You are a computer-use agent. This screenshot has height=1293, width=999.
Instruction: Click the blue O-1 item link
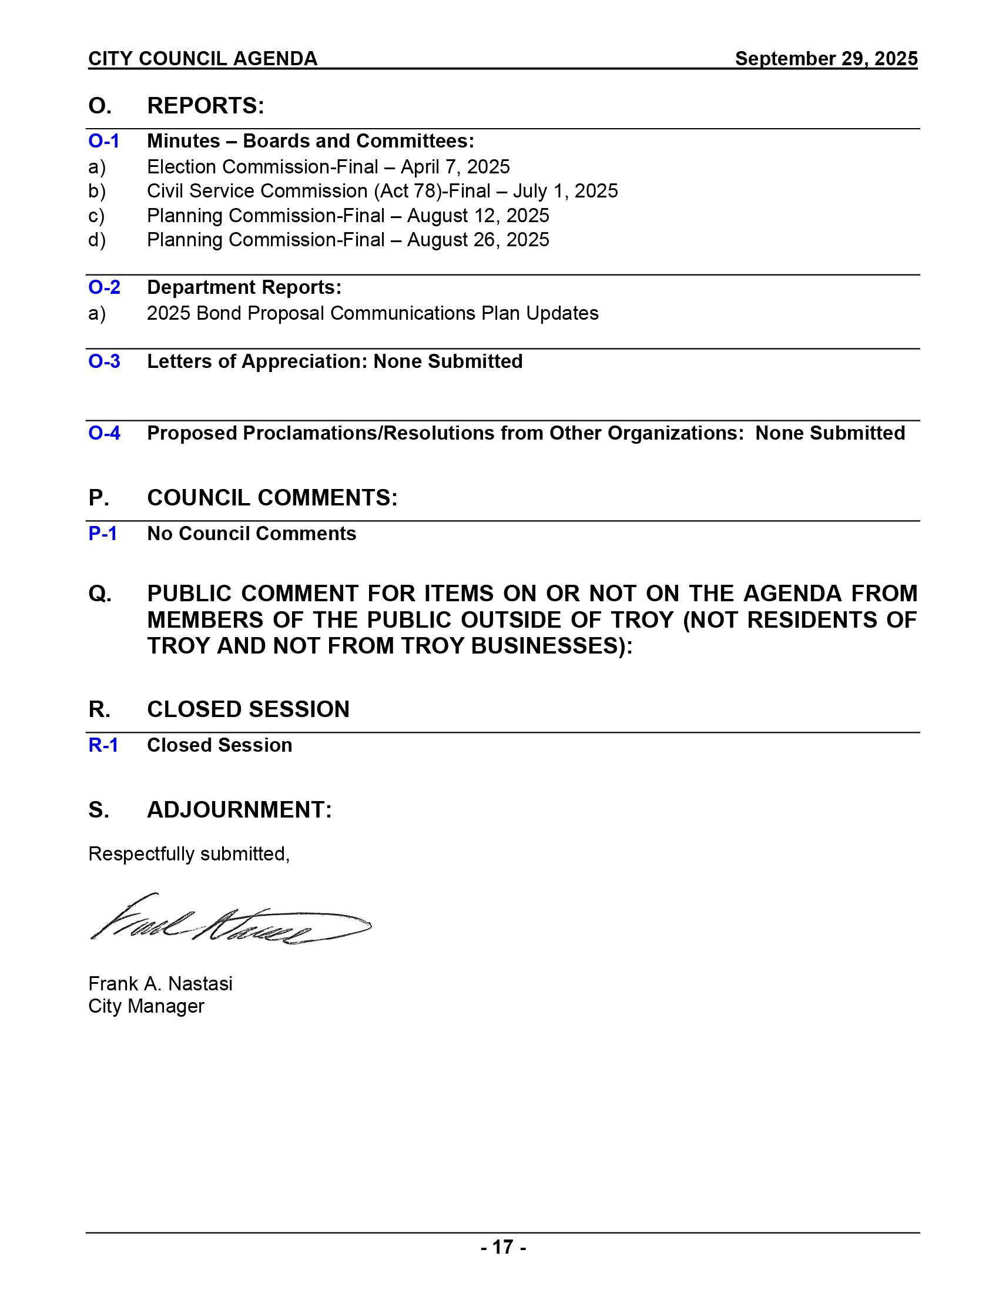point(103,141)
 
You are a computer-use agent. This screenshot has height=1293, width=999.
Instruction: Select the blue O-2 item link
point(104,287)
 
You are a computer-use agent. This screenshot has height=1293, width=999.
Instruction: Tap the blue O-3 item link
point(104,361)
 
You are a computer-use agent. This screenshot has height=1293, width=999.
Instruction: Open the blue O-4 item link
point(104,433)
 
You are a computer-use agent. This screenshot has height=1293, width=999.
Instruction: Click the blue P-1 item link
point(102,534)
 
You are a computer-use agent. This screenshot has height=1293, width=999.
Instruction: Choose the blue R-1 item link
point(103,745)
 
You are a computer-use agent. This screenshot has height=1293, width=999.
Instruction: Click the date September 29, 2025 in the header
point(826,59)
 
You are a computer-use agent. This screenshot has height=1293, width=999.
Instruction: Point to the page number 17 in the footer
point(502,1247)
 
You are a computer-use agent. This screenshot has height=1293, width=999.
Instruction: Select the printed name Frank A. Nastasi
point(160,983)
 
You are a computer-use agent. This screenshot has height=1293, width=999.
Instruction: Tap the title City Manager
point(146,1006)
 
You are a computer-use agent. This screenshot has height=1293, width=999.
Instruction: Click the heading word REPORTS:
point(205,106)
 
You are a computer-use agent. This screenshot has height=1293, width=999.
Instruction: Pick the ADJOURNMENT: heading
point(239,809)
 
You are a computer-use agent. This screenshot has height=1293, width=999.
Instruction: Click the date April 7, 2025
point(454,167)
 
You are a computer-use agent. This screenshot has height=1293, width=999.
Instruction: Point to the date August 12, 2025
point(478,216)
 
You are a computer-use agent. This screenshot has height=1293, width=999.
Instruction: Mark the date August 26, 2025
point(478,240)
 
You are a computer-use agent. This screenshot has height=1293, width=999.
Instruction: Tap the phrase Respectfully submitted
point(189,854)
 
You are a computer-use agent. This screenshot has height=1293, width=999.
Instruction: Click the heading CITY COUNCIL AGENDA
point(202,59)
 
